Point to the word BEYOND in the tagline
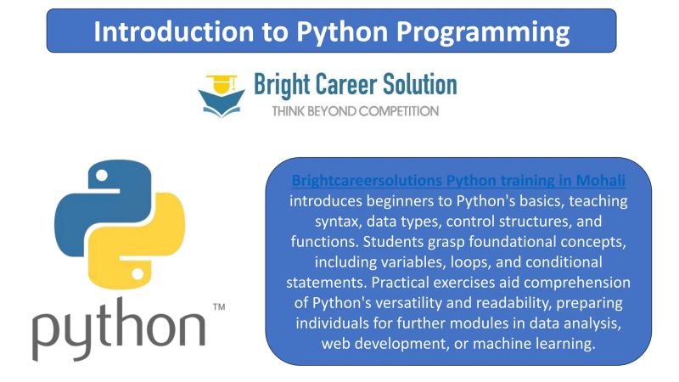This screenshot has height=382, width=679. tap(337, 110)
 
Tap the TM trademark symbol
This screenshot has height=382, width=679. tap(218, 306)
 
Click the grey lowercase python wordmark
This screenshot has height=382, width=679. tap(119, 327)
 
